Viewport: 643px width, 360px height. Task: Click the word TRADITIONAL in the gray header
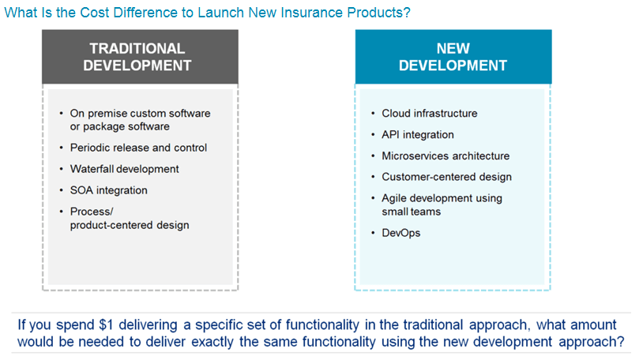point(137,48)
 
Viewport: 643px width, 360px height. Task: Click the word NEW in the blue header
point(453,48)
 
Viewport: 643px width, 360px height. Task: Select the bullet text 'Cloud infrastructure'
point(430,113)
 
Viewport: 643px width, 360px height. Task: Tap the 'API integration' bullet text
point(417,134)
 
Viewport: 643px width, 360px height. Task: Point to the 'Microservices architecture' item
point(446,156)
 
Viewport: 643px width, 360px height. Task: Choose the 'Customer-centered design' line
point(446,177)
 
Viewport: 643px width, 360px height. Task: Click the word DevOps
point(401,233)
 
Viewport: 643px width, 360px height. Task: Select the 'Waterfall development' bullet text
point(124,169)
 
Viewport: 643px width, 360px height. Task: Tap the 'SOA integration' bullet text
point(109,190)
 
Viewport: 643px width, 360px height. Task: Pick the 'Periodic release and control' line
point(138,148)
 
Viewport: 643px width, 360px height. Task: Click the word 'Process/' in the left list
point(92,212)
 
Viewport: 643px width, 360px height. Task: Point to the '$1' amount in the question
point(106,324)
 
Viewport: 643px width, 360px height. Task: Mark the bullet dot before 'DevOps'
point(373,234)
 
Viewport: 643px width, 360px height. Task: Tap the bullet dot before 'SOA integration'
point(61,191)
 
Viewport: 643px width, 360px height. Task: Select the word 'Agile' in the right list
point(394,198)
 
